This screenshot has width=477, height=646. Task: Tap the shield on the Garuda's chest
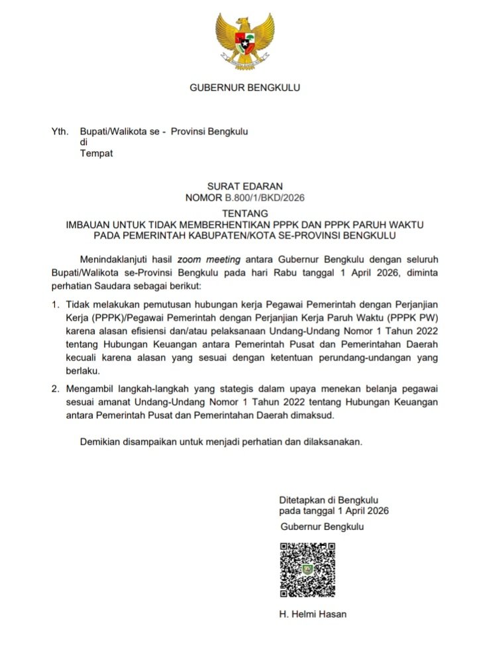click(x=244, y=41)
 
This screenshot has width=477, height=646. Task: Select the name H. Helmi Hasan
click(x=313, y=614)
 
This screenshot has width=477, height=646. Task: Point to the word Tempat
click(x=96, y=154)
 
